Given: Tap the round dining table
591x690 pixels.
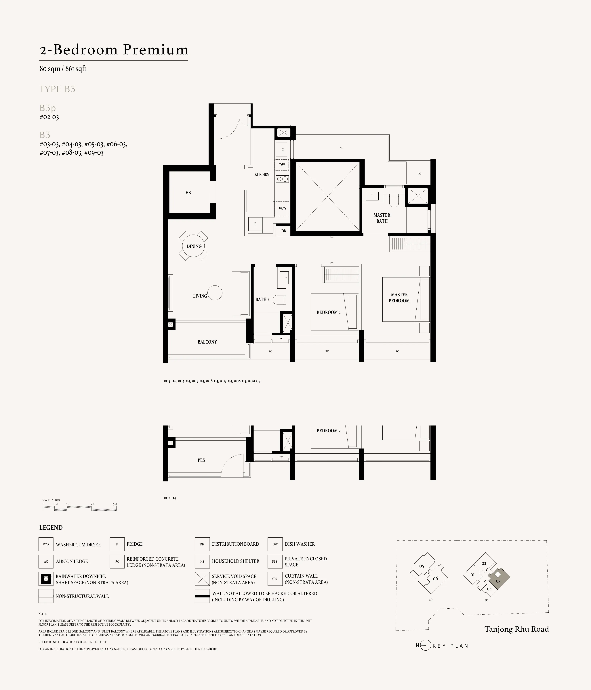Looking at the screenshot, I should click(x=194, y=246).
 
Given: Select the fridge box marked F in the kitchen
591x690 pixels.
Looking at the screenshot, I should click(x=255, y=224).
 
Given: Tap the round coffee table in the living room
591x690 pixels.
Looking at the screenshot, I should click(x=215, y=293).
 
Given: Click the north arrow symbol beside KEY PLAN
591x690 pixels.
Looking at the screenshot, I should click(x=425, y=645).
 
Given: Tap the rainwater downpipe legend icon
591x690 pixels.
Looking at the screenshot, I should click(x=46, y=579).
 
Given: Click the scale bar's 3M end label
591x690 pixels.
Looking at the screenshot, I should click(x=115, y=504).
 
